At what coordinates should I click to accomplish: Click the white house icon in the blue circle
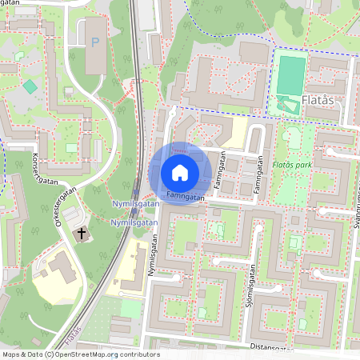click(180, 173)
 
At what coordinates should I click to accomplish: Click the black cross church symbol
click(81, 234)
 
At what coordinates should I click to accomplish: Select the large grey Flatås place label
click(324, 102)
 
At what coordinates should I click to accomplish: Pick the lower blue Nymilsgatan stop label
click(134, 222)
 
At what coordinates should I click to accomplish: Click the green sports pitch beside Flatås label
click(292, 74)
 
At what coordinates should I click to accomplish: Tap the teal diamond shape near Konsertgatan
click(30, 86)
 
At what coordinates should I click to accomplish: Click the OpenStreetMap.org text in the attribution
click(94, 354)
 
